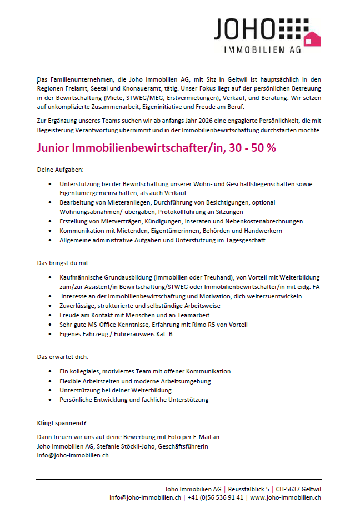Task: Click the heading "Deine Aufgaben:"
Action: click(x=59, y=169)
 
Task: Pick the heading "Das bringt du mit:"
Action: click(x=63, y=262)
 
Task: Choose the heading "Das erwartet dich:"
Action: click(x=62, y=356)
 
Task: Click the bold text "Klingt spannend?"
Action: click(x=62, y=422)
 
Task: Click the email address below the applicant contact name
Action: click(x=72, y=455)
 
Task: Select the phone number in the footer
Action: click(x=216, y=497)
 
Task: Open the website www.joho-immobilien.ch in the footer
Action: click(x=286, y=497)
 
